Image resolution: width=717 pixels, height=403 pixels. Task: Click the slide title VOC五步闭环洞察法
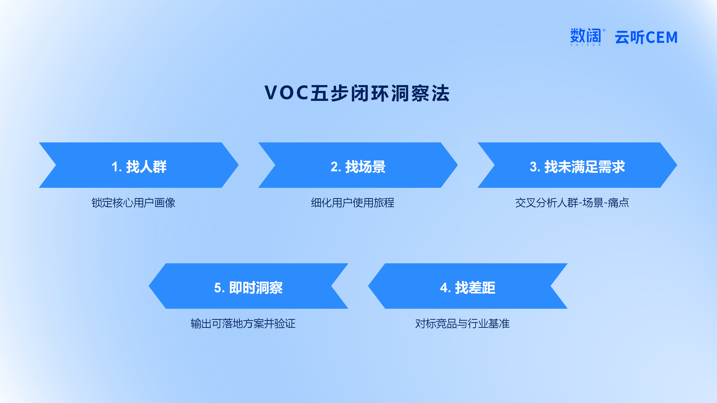point(357,93)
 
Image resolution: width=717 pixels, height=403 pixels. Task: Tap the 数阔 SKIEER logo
point(587,37)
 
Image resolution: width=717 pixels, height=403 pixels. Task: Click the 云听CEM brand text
point(646,37)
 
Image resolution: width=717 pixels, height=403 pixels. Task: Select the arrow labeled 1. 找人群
point(139,165)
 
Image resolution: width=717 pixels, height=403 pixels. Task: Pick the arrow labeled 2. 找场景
point(358,165)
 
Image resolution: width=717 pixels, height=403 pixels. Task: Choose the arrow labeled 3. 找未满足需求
point(577,165)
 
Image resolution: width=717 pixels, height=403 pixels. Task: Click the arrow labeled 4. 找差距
point(468,286)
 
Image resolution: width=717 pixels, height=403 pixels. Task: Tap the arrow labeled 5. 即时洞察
point(248,286)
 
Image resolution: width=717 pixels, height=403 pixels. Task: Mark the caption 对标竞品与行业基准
point(462,324)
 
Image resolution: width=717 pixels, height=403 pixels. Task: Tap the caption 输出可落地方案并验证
point(243,324)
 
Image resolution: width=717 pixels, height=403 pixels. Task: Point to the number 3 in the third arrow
point(533,167)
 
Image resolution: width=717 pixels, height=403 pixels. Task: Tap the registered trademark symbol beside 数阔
point(604,30)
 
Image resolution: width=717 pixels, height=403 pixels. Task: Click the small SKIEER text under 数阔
point(585,45)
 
